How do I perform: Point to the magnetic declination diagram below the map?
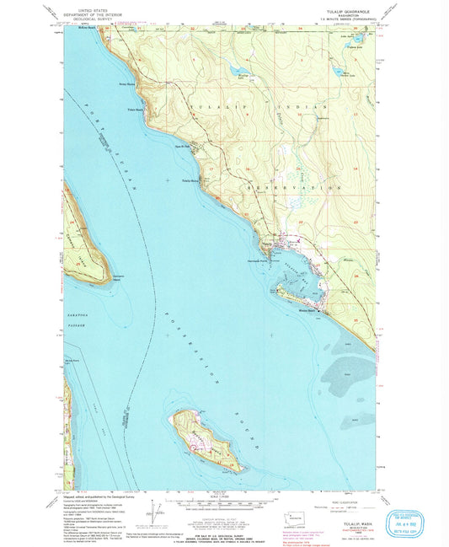(x=154, y=507)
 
